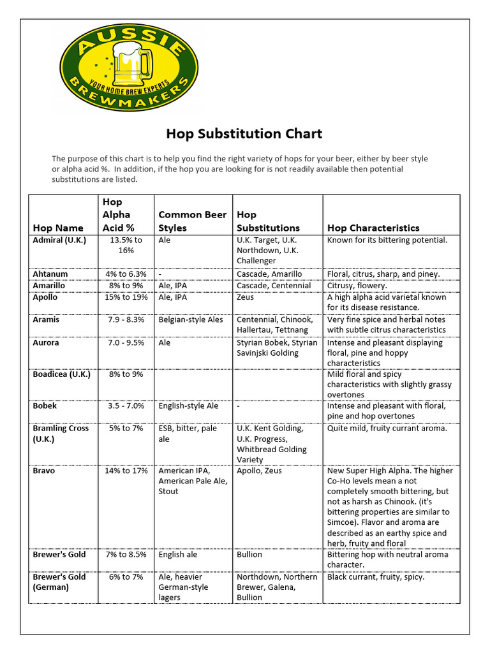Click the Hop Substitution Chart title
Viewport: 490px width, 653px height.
244,134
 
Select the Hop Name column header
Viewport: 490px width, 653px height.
58,228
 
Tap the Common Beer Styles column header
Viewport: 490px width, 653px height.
192,221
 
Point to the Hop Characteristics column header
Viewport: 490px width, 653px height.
373,228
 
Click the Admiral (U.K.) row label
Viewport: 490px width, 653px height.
59,240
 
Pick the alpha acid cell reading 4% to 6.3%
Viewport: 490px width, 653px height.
126,274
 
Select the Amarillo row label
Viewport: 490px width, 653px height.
49,286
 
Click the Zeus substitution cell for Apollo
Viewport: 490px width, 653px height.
245,297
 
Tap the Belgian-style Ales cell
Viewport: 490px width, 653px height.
191,319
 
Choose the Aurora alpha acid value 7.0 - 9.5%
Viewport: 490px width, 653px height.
126,342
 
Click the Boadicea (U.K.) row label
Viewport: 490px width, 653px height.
62,374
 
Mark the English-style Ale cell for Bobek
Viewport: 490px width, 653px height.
188,406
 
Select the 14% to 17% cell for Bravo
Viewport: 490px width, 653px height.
126,471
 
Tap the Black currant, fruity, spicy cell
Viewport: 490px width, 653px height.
375,577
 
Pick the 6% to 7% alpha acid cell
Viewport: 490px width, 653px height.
126,577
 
